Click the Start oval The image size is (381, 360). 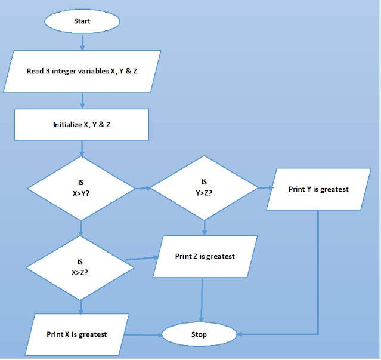82,21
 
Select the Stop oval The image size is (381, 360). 199,334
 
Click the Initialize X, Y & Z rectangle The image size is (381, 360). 82,125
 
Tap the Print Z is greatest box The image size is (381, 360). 205,257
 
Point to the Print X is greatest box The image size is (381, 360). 78,334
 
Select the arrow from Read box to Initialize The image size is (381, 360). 82,100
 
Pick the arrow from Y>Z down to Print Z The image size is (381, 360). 205,227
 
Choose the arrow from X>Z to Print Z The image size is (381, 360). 142,259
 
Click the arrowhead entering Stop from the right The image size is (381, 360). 238,334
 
